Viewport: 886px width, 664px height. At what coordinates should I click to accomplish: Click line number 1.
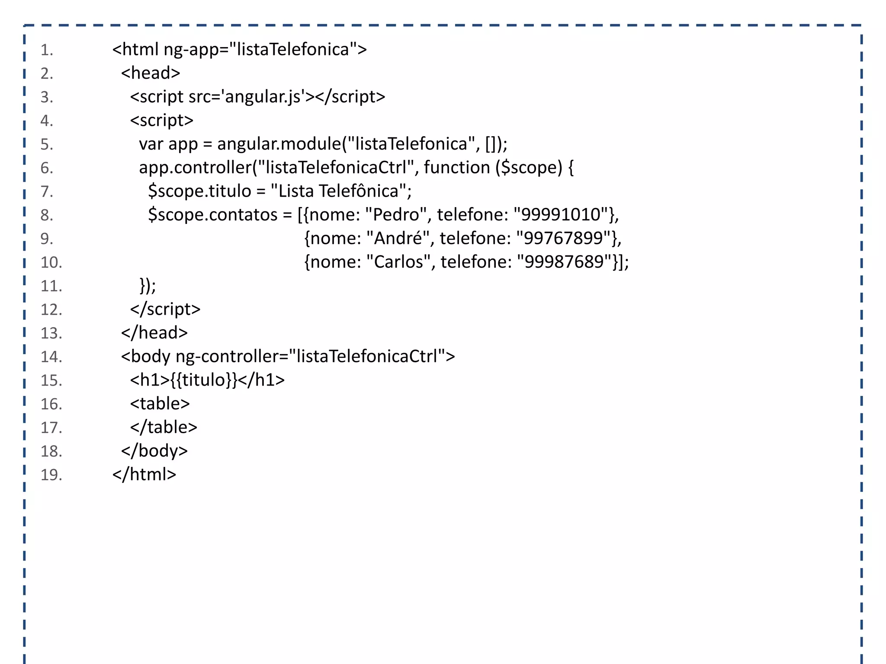coord(47,50)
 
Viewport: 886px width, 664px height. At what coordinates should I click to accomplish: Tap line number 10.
coord(51,262)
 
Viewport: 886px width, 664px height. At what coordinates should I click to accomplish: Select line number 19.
coord(51,475)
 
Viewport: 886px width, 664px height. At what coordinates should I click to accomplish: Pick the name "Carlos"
coord(398,262)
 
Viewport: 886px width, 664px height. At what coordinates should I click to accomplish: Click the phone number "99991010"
coord(561,214)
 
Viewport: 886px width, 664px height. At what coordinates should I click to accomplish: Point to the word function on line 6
coord(456,167)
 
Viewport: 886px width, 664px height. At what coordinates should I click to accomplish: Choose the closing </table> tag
coord(164,427)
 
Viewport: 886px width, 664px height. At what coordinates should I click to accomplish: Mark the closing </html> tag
coord(144,474)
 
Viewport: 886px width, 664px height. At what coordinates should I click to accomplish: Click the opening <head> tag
coord(151,73)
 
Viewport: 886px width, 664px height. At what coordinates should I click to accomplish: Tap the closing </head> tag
coord(154,333)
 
